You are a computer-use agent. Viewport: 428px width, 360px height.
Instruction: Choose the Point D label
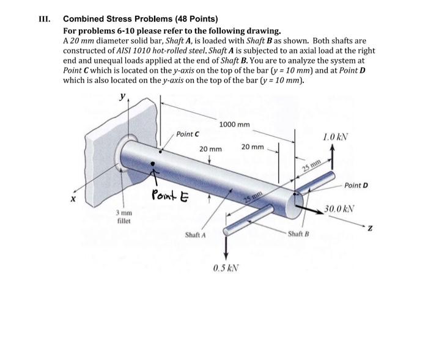[x=357, y=185]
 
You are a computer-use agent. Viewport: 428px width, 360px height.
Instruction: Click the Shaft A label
[x=195, y=235]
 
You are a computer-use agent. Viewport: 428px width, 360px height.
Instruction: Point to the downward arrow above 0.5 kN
[x=227, y=244]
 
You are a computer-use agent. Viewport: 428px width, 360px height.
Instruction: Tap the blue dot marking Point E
[x=153, y=164]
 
